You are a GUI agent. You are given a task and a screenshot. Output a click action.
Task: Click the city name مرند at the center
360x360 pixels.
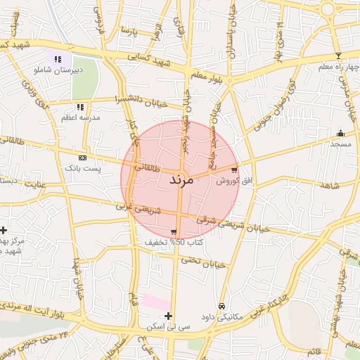181,180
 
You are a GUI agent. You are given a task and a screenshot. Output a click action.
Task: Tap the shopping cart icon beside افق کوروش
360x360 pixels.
233,169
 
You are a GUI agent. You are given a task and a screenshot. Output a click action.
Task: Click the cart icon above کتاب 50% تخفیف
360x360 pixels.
174,231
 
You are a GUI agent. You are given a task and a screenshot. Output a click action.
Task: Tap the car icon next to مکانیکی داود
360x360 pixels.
221,306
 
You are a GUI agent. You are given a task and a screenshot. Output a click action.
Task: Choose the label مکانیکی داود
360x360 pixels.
221,317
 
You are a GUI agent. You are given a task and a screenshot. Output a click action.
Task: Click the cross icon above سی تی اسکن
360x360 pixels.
168,316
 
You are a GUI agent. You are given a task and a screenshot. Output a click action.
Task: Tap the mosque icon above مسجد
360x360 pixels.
340,133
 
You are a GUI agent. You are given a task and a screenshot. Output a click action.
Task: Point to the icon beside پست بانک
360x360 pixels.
83,158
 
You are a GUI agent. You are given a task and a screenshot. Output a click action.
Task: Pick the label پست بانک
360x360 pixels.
83,169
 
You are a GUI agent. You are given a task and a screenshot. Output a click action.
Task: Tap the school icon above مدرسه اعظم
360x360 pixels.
80,107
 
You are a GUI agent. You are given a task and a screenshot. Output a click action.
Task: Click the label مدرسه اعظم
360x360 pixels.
81,117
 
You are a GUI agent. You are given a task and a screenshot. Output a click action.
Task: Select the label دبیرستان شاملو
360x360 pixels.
59,70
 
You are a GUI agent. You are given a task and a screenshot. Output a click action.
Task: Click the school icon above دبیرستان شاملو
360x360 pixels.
58,59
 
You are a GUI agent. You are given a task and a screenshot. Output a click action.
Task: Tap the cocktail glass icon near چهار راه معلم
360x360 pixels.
338,56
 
